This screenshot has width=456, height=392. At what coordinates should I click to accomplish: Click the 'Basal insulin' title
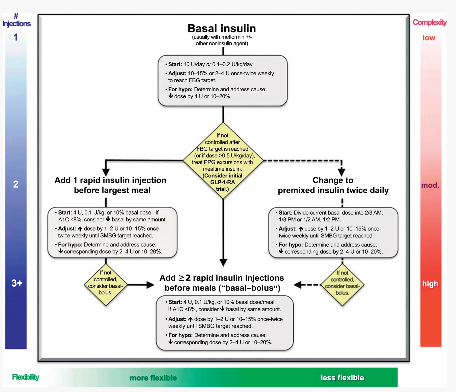(222, 29)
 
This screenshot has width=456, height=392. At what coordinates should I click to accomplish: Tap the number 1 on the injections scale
(16, 37)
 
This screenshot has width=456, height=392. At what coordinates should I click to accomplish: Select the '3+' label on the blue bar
(17, 283)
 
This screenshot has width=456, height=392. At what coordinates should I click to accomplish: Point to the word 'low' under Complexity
(429, 38)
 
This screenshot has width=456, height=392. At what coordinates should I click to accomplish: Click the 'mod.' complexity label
(430, 185)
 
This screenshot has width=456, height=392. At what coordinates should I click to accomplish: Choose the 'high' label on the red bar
(430, 284)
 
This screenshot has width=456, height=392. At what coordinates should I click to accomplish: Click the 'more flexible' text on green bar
(153, 378)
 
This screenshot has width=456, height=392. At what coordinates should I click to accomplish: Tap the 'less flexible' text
(342, 377)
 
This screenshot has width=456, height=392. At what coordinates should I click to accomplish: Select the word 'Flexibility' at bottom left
(26, 377)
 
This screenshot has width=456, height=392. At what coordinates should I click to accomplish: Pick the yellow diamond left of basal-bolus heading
(106, 285)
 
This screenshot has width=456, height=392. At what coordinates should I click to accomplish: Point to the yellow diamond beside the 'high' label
(342, 285)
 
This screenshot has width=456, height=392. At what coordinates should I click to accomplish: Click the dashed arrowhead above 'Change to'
(341, 172)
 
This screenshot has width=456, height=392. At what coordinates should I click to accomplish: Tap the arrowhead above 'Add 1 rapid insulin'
(106, 172)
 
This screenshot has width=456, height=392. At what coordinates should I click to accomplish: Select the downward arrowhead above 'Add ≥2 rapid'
(223, 262)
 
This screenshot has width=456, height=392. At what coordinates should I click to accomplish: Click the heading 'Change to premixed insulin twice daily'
(333, 185)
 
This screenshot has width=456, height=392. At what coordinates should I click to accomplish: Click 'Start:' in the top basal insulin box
(175, 64)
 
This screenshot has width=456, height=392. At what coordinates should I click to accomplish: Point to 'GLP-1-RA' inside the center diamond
(223, 182)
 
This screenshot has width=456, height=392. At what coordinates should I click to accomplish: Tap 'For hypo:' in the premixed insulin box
(291, 245)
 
